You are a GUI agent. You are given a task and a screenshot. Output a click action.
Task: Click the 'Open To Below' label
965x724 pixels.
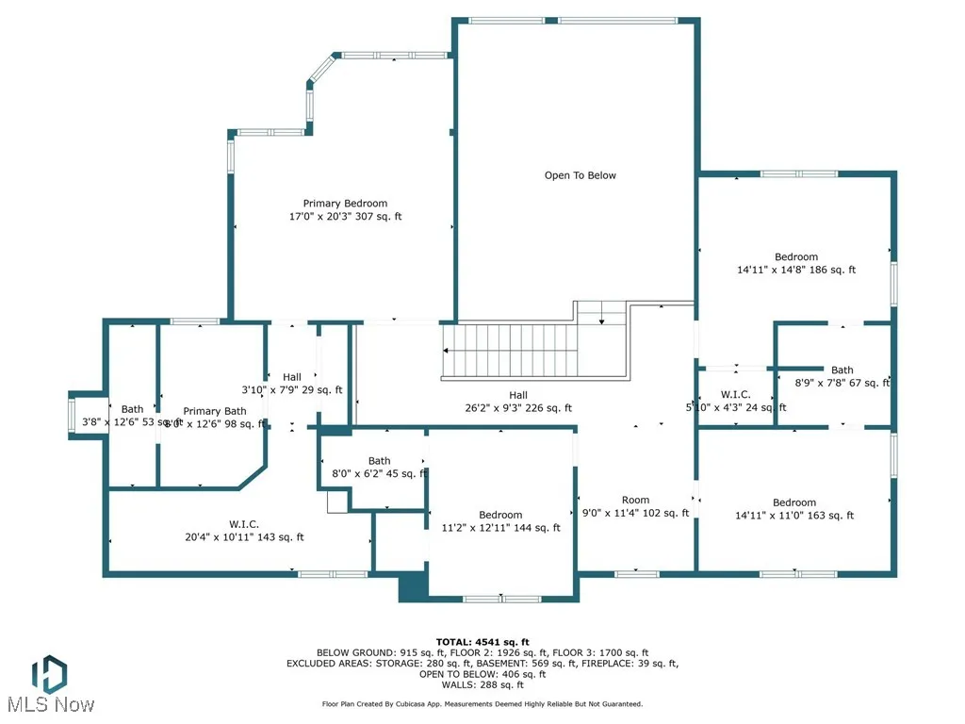(580, 175)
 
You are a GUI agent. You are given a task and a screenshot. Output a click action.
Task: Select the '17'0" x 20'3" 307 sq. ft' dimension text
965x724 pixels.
(345, 217)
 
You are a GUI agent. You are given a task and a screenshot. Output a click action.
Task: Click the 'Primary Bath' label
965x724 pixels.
(215, 411)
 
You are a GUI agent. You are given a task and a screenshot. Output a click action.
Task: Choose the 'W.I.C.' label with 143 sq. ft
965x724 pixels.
(244, 524)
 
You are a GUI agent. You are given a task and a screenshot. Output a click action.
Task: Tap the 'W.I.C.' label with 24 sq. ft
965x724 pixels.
(735, 394)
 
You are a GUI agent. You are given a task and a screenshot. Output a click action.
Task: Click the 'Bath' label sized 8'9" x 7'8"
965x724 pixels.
(842, 370)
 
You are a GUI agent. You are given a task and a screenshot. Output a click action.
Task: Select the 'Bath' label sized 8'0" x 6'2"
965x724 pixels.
(379, 461)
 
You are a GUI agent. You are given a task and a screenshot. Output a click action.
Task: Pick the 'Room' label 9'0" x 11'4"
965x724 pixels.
(635, 501)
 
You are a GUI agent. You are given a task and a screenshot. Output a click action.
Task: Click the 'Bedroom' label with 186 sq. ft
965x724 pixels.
(796, 256)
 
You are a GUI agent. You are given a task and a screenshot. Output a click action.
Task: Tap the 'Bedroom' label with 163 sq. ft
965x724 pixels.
(794, 502)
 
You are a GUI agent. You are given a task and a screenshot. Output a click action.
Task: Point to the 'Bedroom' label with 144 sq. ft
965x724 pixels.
(500, 515)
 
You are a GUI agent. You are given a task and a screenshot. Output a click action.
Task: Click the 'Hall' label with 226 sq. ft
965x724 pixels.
(518, 395)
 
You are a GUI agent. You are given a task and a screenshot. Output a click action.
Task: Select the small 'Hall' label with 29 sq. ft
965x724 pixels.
(292, 377)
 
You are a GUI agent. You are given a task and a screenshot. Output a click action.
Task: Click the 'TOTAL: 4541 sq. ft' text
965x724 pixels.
(482, 642)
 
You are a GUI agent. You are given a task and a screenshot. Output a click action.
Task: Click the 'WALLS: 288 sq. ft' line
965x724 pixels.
(482, 684)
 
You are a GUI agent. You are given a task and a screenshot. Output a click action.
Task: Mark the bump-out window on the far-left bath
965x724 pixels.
(72, 414)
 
